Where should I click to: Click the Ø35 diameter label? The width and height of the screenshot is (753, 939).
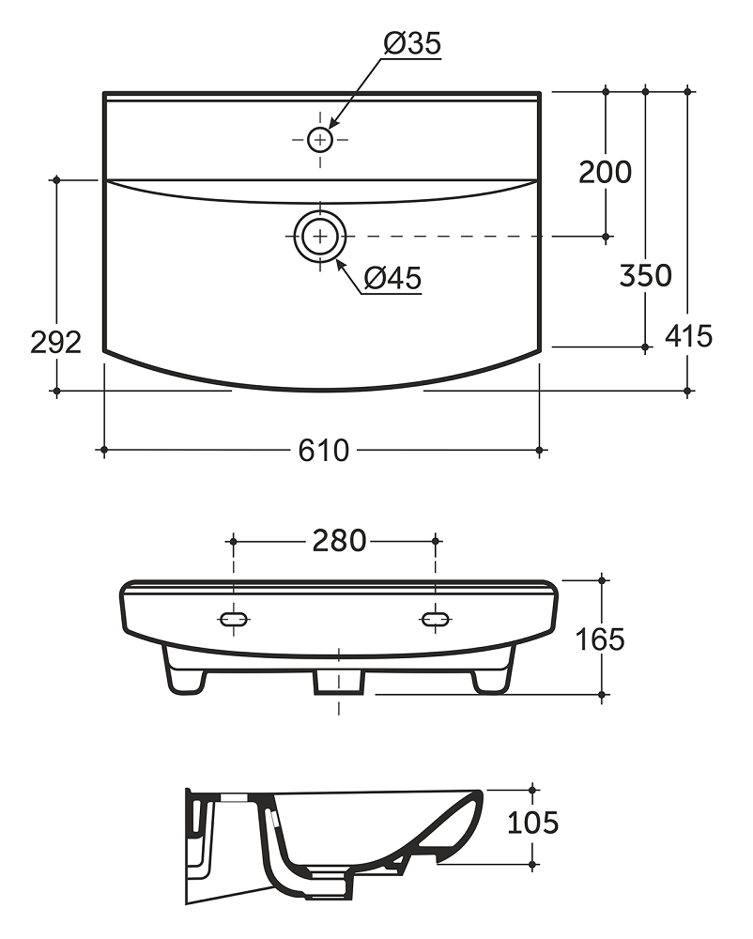pos(412,44)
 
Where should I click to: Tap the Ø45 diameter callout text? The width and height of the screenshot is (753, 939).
pos(392,279)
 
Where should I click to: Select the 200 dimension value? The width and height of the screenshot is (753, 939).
pos(606,173)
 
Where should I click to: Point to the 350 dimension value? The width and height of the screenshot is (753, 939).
pos(645,275)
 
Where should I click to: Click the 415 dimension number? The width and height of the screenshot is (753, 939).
pos(688,336)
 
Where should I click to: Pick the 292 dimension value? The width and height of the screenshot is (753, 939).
pos(55,343)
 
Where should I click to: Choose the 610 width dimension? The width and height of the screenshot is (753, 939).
pos(323,451)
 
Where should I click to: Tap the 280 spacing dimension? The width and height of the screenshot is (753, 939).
pos(339,541)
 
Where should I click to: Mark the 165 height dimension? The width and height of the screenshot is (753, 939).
pos(600,639)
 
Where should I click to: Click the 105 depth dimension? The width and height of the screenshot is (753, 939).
pos(532,823)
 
